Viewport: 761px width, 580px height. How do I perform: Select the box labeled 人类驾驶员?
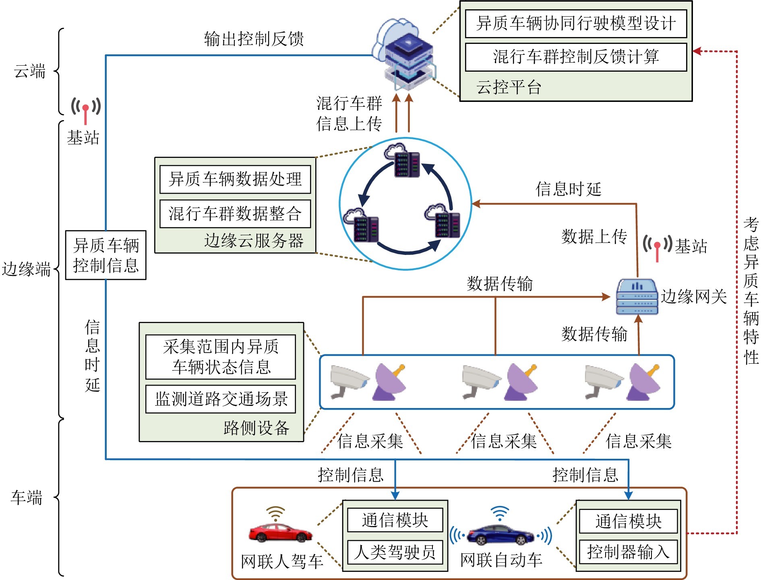click(x=395, y=552)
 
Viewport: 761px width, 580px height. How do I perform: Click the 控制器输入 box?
click(x=628, y=552)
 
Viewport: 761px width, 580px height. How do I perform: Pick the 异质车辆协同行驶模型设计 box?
click(x=576, y=23)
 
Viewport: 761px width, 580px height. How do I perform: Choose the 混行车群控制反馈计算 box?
click(x=576, y=57)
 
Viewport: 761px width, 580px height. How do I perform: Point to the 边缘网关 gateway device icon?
click(x=637, y=296)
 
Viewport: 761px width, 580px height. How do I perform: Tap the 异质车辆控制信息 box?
click(x=105, y=255)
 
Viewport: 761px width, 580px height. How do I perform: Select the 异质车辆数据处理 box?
click(x=235, y=179)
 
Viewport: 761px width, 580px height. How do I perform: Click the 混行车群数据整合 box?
click(x=235, y=213)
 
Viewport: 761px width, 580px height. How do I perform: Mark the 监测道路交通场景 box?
click(x=221, y=399)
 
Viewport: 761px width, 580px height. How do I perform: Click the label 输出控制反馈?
click(x=254, y=39)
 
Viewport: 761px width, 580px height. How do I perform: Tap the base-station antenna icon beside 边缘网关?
click(x=657, y=246)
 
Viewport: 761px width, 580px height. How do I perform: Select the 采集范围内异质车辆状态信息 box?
click(x=221, y=356)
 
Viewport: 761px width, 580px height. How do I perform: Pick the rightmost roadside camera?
click(x=603, y=381)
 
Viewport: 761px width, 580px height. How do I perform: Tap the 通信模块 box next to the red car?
click(x=395, y=520)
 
